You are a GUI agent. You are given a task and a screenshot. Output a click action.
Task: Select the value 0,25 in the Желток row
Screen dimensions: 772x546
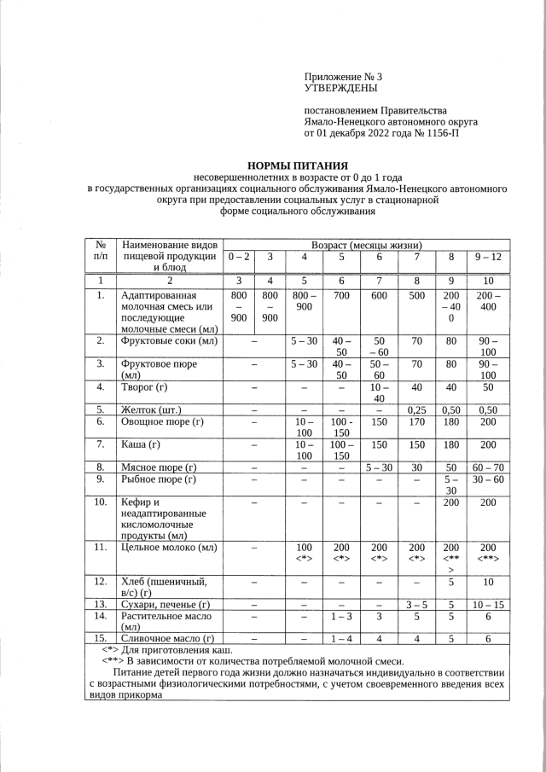pos(416,409)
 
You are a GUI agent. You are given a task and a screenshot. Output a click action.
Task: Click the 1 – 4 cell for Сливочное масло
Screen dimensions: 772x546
pos(340,638)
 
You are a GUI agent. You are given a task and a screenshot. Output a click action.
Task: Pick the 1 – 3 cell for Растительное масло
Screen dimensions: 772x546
pos(340,615)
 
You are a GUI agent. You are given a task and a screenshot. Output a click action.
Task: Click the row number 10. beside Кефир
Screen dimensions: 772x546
pos(101,502)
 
